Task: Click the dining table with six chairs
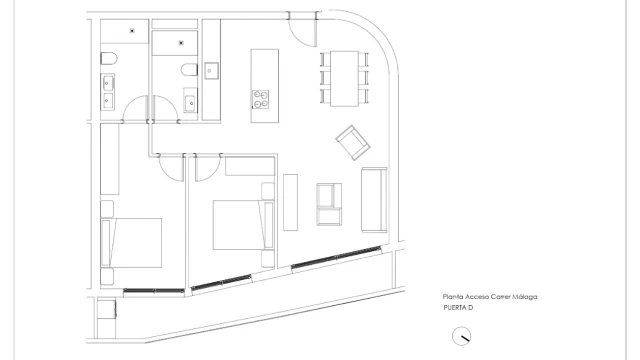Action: (344, 78)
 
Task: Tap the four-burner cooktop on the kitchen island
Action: (260, 100)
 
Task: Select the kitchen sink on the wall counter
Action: (211, 71)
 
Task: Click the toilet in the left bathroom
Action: (109, 58)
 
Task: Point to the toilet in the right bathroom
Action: (189, 69)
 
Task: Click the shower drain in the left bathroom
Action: (132, 31)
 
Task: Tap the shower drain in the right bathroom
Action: (181, 42)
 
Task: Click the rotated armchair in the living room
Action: (353, 142)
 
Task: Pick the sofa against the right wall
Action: (374, 200)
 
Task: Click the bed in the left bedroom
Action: (131, 243)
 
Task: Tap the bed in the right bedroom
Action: (243, 224)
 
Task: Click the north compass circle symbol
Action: (461, 336)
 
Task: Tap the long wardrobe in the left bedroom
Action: (110, 159)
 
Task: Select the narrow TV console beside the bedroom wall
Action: (290, 202)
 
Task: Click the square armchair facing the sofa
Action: (329, 204)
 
